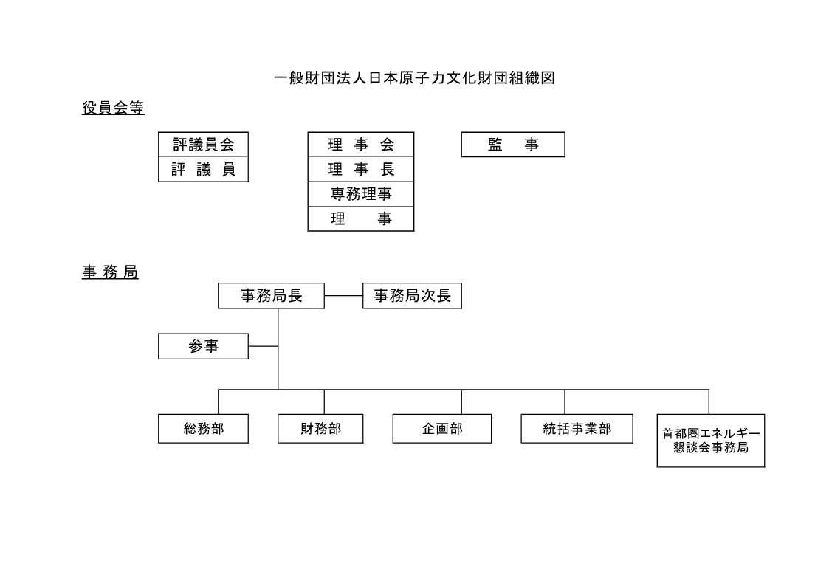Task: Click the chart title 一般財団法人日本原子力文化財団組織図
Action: (x=415, y=78)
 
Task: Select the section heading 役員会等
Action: (x=113, y=108)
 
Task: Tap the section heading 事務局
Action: (x=110, y=272)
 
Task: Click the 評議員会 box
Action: (x=204, y=145)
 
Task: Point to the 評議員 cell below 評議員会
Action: (x=204, y=170)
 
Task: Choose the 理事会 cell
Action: (x=361, y=145)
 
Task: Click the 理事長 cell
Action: (x=361, y=170)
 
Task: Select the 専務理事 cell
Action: (x=361, y=194)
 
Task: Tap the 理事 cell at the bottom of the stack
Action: (x=361, y=218)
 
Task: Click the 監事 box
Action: (x=513, y=145)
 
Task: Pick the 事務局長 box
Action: (x=271, y=296)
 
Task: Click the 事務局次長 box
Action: (x=413, y=296)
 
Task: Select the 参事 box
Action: (x=204, y=347)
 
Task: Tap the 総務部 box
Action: (x=204, y=429)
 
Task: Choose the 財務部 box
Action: (x=320, y=429)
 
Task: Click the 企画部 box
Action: (x=442, y=429)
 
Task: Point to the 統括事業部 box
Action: (x=577, y=429)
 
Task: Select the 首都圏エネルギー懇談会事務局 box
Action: (x=711, y=441)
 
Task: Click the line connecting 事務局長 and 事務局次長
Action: (x=344, y=296)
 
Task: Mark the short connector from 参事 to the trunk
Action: (x=264, y=346)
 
